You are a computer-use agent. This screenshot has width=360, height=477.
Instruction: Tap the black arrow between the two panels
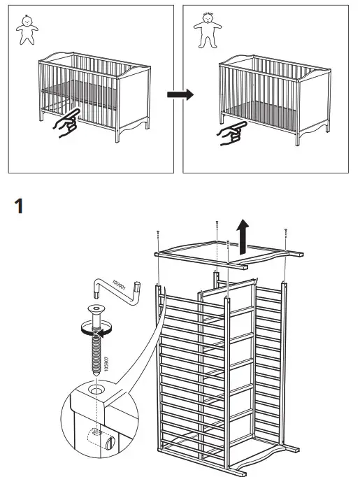pos(180,94)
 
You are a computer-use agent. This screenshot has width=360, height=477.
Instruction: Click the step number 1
pos(19,206)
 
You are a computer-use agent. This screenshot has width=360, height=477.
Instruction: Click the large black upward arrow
pos(243,237)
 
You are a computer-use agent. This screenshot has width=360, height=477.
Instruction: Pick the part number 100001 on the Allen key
pos(121,286)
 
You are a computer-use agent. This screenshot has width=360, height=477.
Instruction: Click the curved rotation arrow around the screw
pos(99,333)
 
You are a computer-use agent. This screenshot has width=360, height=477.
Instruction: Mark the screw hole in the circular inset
pos(95,386)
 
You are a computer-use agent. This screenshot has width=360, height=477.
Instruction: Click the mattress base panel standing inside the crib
pos(227,350)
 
